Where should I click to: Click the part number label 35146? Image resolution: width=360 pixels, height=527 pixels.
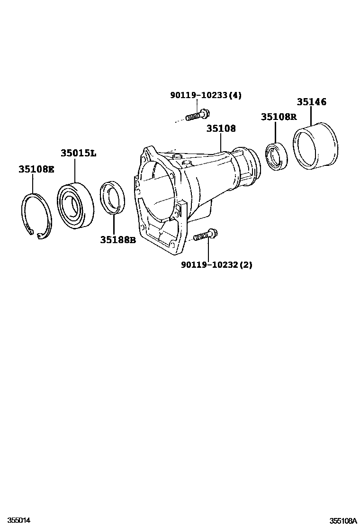click(x=312, y=102)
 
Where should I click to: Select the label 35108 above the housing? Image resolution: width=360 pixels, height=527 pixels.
click(x=221, y=128)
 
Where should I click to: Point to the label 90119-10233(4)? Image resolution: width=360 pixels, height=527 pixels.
click(x=206, y=95)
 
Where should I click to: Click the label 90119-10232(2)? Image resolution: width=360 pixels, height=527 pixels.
click(x=216, y=265)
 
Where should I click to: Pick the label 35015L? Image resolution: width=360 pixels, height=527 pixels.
click(x=78, y=153)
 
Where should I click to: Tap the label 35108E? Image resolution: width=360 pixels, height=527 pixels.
click(x=36, y=169)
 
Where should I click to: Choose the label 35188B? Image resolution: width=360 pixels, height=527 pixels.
click(x=117, y=240)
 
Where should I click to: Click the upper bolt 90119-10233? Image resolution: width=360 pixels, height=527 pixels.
click(x=197, y=115)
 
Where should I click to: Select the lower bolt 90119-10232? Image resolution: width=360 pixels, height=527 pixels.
click(x=205, y=236)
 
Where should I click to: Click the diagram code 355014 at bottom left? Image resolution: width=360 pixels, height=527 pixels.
click(x=19, y=520)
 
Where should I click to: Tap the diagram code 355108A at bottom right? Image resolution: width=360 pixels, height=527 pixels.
click(x=343, y=520)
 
